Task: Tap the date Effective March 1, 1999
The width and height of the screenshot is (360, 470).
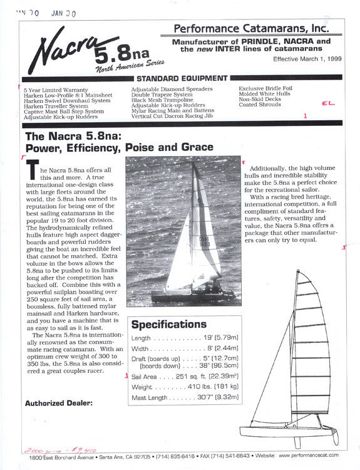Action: (306, 59)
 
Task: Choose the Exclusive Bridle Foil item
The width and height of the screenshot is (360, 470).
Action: (265, 89)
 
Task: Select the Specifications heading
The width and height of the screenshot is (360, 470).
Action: (169, 325)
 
